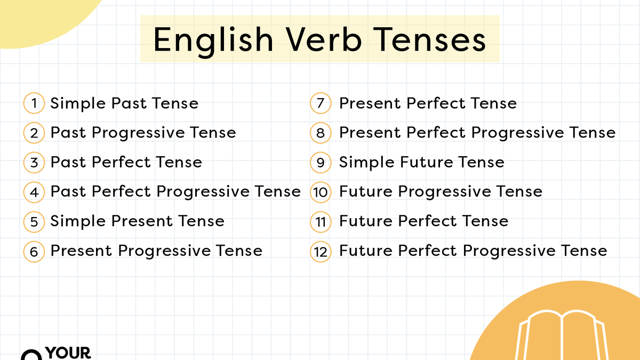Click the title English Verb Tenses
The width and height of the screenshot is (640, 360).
pos(319,39)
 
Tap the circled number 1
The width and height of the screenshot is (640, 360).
pos(34,103)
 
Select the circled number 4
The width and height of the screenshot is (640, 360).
pos(34,191)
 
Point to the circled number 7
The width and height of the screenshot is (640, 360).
pos(321,103)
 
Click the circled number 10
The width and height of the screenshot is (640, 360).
pos(321,191)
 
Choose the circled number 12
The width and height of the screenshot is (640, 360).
pos(321,251)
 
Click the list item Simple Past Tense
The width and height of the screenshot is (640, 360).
pos(124,103)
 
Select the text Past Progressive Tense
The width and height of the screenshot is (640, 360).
pos(143,132)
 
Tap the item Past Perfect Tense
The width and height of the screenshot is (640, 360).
pos(126,162)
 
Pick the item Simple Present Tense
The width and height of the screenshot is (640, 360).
pos(137,221)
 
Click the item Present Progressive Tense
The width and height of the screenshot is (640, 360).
pos(156,251)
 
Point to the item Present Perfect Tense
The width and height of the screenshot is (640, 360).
pos(428,103)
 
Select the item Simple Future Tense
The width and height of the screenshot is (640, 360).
pos(421,162)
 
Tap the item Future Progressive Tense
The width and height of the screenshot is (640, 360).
pos(441,191)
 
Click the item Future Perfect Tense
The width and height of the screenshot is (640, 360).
pos(423,221)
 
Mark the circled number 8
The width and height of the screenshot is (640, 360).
pos(321,132)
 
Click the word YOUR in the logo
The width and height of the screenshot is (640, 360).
pos(68,353)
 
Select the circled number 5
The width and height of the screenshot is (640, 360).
pos(34,221)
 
